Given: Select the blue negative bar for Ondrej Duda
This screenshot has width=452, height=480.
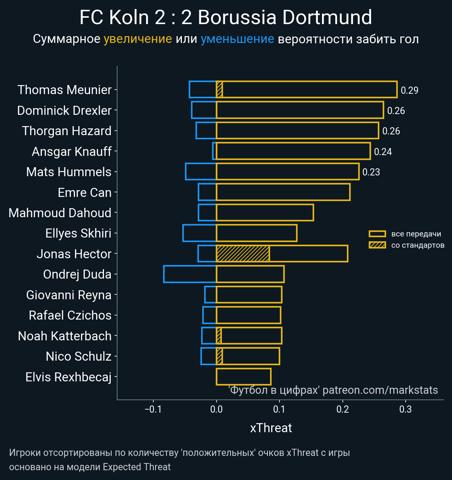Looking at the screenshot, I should point(190,274).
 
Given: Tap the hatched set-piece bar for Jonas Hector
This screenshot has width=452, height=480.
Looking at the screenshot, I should point(243,254).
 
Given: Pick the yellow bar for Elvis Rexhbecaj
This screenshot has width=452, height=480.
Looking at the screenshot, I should point(243,377).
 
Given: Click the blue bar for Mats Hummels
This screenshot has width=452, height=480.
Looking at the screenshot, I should point(201,172).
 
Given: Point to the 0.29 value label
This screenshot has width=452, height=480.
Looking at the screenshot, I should point(409,90).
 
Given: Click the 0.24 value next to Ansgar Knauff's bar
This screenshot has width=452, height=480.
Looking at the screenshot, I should point(383,152).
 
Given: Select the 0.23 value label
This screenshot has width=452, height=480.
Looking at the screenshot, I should point(371,172).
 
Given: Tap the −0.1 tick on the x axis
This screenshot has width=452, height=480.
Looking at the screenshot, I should point(153,409).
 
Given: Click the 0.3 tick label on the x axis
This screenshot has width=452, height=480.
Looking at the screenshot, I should point(406,409).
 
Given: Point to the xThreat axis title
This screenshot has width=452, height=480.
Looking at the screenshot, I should point(271,428).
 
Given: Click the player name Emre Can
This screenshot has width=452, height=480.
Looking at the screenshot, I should point(85,193).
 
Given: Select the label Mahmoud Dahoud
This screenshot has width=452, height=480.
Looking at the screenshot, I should point(60,213).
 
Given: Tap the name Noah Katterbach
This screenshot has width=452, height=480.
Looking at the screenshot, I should point(65,336).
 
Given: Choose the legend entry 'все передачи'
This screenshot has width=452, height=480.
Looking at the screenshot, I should point(416,234).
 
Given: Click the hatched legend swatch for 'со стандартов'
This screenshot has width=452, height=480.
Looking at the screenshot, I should point(377,245).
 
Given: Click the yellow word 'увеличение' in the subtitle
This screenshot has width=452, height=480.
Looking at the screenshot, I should point(137,39).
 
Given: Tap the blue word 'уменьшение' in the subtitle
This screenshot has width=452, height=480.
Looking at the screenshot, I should point(237,39).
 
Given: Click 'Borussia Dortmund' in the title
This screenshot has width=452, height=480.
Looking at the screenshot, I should point(285,18).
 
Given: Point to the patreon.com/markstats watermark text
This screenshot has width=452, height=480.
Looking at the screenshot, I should point(380,390).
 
